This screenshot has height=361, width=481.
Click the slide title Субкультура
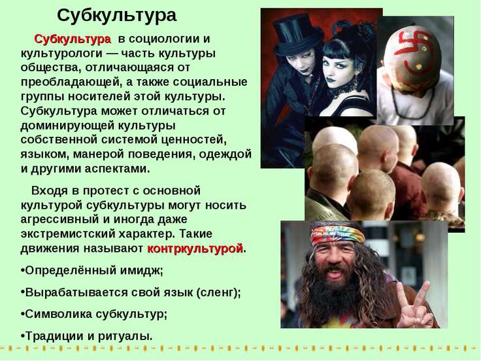pyautogui.click(x=116, y=16)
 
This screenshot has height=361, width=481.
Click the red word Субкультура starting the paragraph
pyautogui.click(x=73, y=39)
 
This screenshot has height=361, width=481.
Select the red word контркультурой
pyautogui.click(x=195, y=249)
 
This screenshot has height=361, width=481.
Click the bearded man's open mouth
pyautogui.click(x=335, y=273)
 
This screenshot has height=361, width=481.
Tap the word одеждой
pyautogui.click(x=225, y=154)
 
